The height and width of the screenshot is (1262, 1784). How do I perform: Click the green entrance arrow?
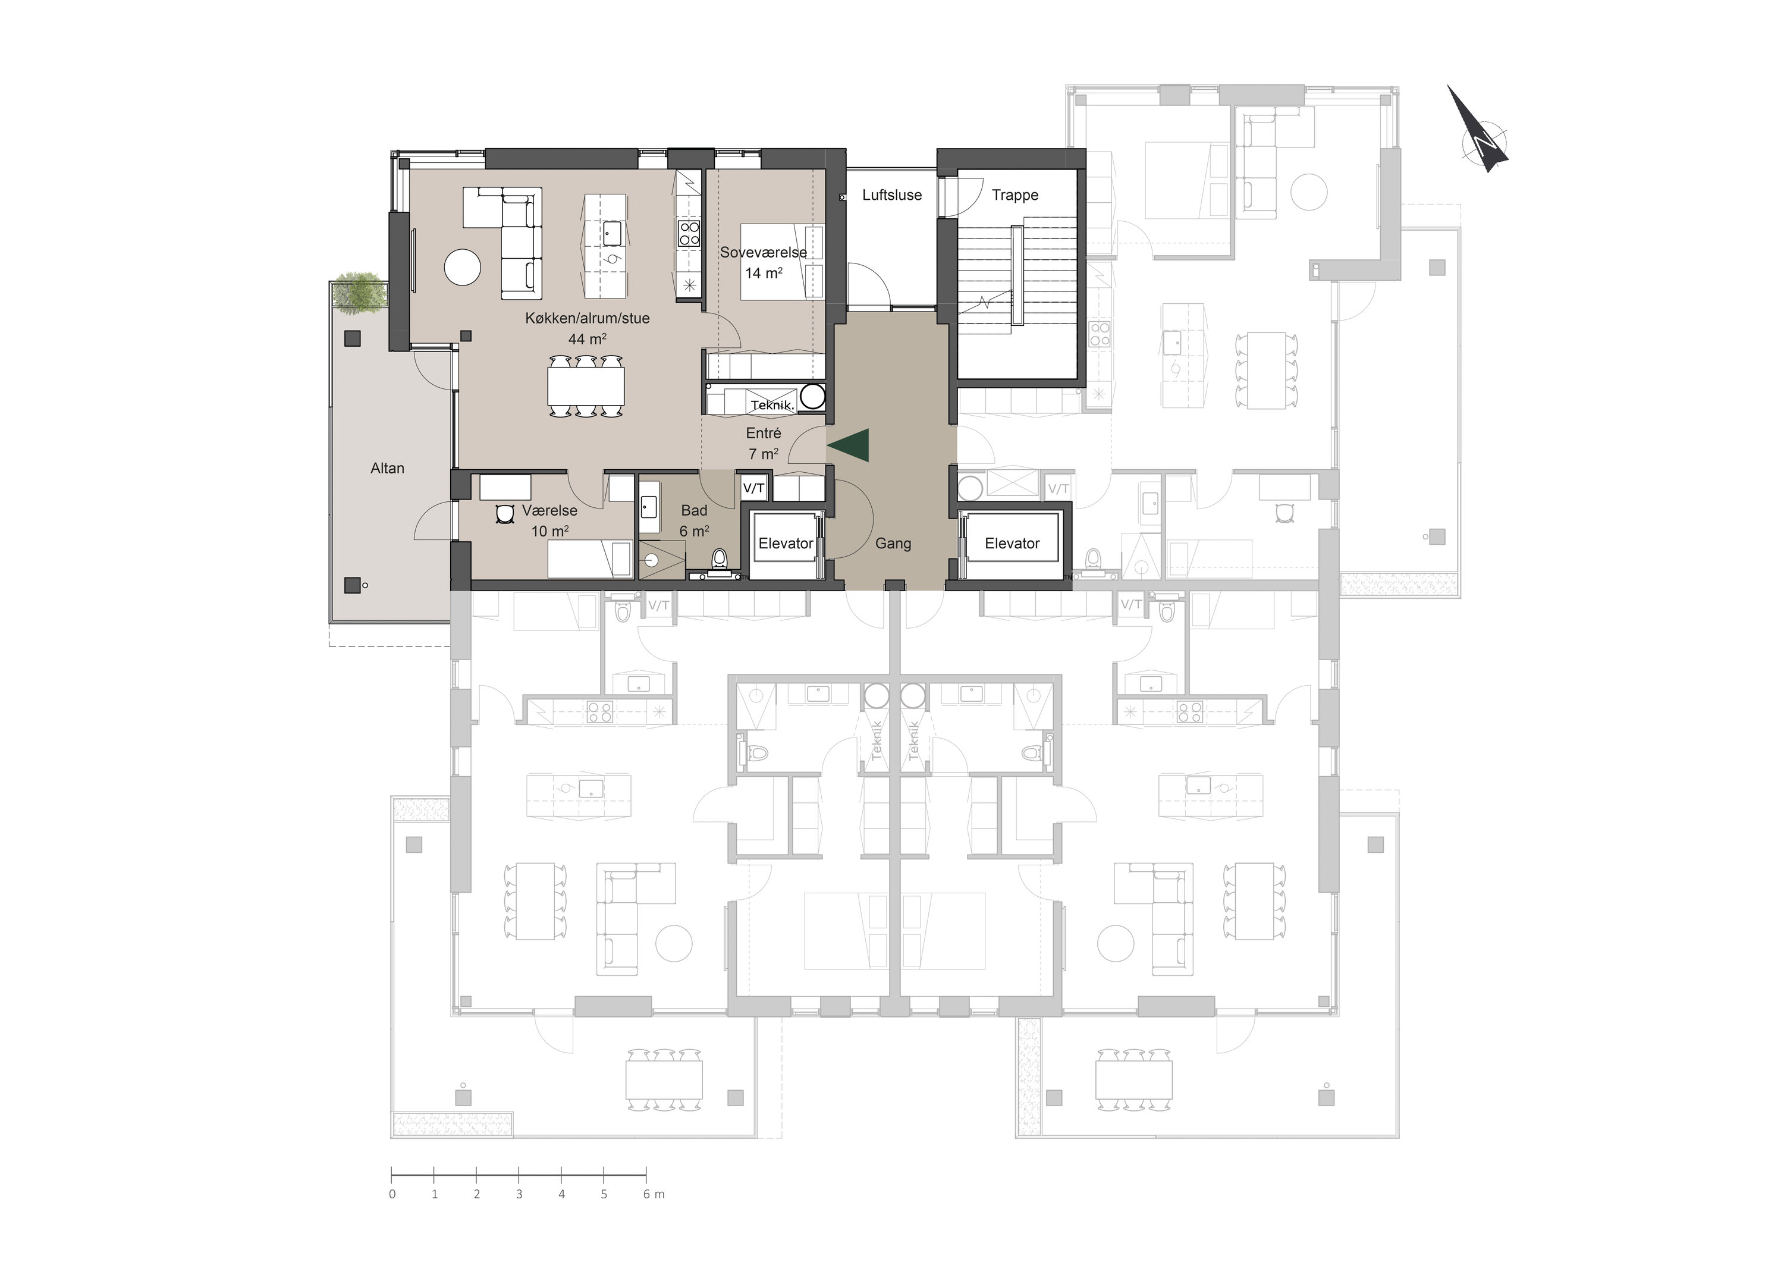[x=851, y=447]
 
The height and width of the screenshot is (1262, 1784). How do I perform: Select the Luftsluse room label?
[x=892, y=195]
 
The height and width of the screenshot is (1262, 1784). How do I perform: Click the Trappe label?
[x=1015, y=195]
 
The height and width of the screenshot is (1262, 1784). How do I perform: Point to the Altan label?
[x=387, y=469]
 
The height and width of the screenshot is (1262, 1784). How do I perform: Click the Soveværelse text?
[x=763, y=253]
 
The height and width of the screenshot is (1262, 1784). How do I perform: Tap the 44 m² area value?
[x=588, y=339]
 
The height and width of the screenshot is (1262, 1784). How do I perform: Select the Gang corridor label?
[x=893, y=544]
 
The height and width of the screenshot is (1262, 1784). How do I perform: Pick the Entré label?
[x=763, y=434]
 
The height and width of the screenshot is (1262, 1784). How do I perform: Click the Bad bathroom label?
[x=694, y=510]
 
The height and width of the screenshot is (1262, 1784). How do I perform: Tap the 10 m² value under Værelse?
[x=550, y=532]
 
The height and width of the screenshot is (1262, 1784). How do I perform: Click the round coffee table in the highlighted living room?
[x=462, y=267]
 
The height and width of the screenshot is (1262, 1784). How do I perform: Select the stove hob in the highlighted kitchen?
[x=690, y=233]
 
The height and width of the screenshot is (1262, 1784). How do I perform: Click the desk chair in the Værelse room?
[x=506, y=514]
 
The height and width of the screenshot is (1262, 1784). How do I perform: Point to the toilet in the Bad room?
[x=720, y=561]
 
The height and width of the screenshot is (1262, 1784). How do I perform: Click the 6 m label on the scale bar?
[x=654, y=1194]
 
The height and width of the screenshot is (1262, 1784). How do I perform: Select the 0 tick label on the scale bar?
[x=392, y=1194]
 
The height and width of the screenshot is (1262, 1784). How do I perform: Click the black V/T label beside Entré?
[x=753, y=488]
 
